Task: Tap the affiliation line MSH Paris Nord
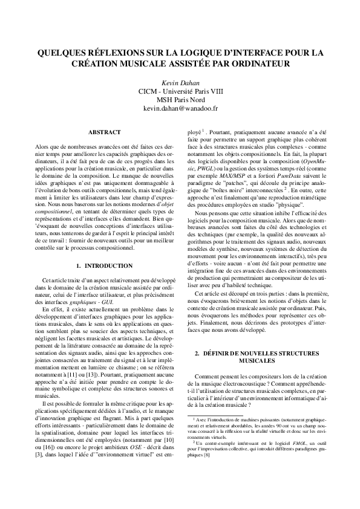click(180, 99)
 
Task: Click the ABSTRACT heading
click(104, 132)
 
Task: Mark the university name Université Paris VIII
click(191, 91)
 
